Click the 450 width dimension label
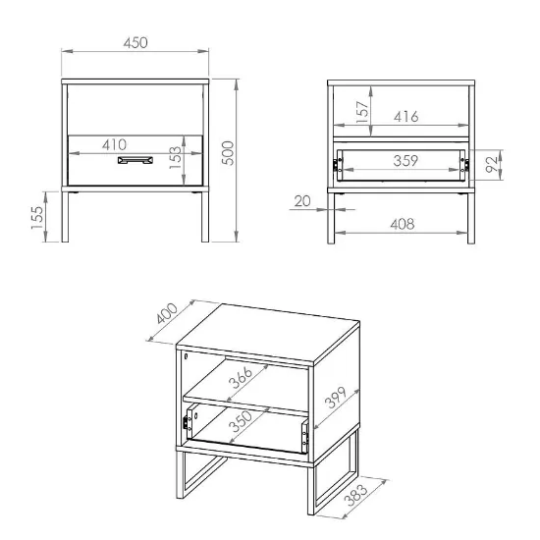135,42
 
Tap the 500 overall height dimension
228,153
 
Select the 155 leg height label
37,218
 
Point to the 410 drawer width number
114,144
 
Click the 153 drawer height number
175,157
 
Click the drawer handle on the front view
135,160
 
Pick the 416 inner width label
406,117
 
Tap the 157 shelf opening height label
362,112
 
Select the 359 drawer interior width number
405,161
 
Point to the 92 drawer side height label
492,164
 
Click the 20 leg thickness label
302,201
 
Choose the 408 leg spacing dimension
403,224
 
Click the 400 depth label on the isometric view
167,313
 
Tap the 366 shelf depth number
241,378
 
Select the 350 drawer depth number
241,421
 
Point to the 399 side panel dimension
337,398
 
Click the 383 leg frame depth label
356,495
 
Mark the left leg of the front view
65,217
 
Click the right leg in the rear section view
471,218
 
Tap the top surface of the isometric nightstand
268,333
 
